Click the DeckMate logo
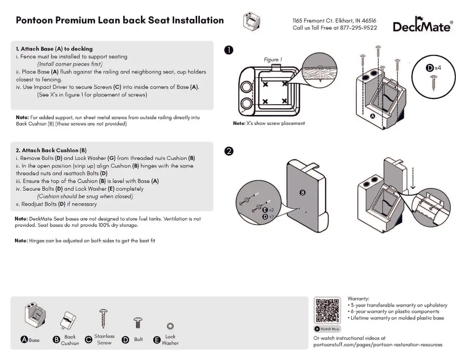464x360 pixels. point(422,26)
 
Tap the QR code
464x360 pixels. point(327,310)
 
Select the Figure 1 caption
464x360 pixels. point(273,60)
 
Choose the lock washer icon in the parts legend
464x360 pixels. point(170,326)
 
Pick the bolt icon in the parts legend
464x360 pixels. point(138,323)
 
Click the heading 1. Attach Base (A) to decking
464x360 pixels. point(54,49)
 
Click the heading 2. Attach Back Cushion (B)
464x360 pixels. point(51,150)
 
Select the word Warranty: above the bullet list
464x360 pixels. point(358,299)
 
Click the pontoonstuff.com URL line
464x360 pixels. point(377,345)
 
